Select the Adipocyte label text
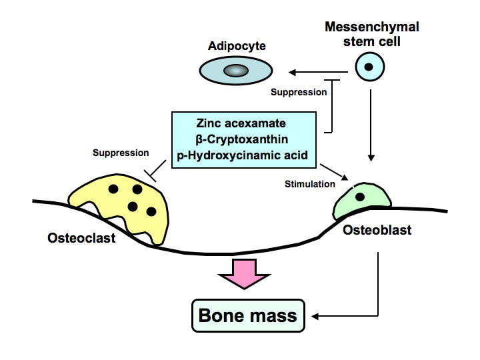[x=237, y=46]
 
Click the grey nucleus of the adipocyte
[x=235, y=70]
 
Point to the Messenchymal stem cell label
[x=371, y=33]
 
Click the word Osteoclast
[x=81, y=237]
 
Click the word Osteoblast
[x=378, y=230]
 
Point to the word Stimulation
[x=307, y=181]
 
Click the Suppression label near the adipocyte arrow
[x=299, y=91]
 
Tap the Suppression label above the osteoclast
[x=121, y=153]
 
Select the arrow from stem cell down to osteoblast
[x=371, y=127]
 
